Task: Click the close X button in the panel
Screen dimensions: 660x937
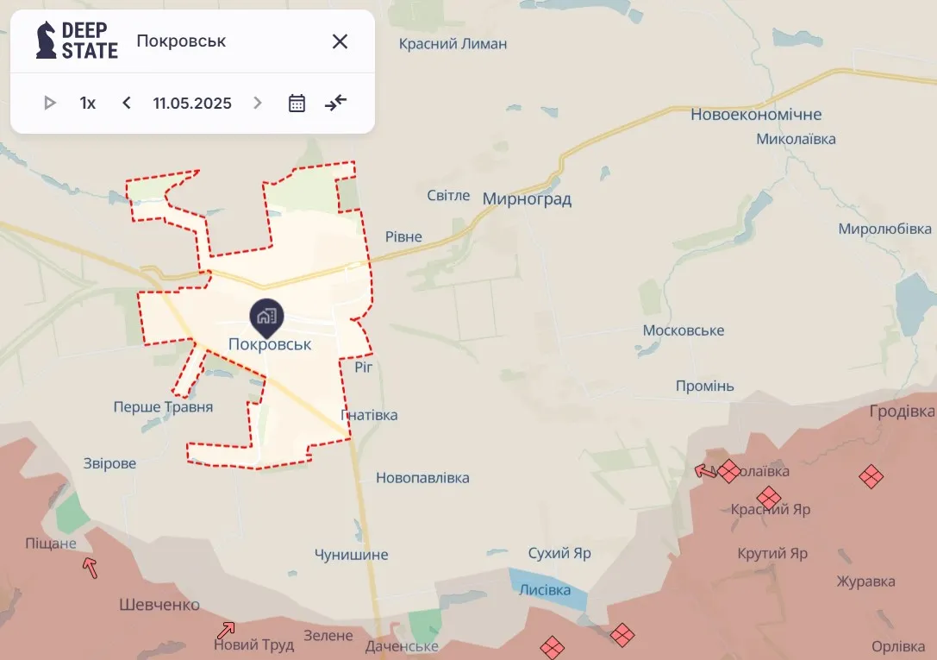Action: (x=340, y=41)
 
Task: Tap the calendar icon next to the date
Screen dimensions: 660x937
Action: (x=297, y=104)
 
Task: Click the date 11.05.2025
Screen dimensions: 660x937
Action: (x=192, y=104)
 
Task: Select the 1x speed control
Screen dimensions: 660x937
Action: (x=88, y=104)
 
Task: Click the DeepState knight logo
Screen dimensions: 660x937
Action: (x=47, y=41)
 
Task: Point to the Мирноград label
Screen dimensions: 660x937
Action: (x=527, y=199)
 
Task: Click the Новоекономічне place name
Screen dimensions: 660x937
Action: (x=756, y=115)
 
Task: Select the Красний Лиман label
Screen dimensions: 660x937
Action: (x=453, y=44)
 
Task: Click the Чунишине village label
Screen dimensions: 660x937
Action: (x=351, y=555)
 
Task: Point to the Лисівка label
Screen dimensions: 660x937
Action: (x=545, y=590)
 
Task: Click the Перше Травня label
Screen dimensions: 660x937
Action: (x=163, y=407)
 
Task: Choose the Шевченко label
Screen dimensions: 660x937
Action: (x=159, y=605)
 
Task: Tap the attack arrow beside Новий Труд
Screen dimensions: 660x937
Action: (x=227, y=630)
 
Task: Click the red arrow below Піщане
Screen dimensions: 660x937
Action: (x=90, y=567)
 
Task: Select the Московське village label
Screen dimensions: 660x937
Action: (x=684, y=331)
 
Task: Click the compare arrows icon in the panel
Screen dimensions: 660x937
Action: (x=335, y=104)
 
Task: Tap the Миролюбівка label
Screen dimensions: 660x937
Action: (x=885, y=229)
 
